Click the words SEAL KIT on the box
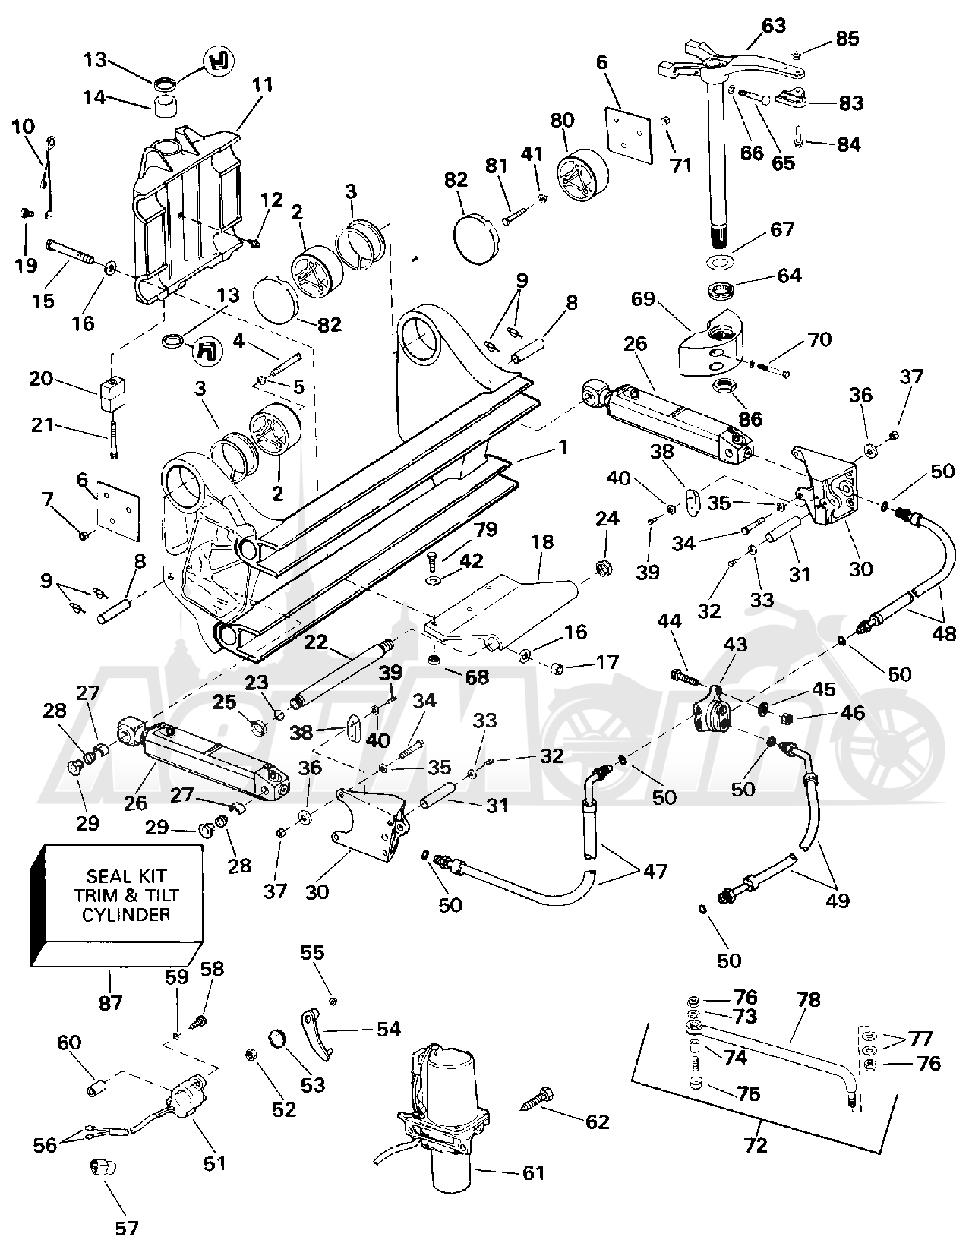(125, 876)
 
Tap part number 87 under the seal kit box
(111, 1003)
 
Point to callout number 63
(773, 27)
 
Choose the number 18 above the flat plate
(542, 542)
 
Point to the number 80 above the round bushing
(562, 121)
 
